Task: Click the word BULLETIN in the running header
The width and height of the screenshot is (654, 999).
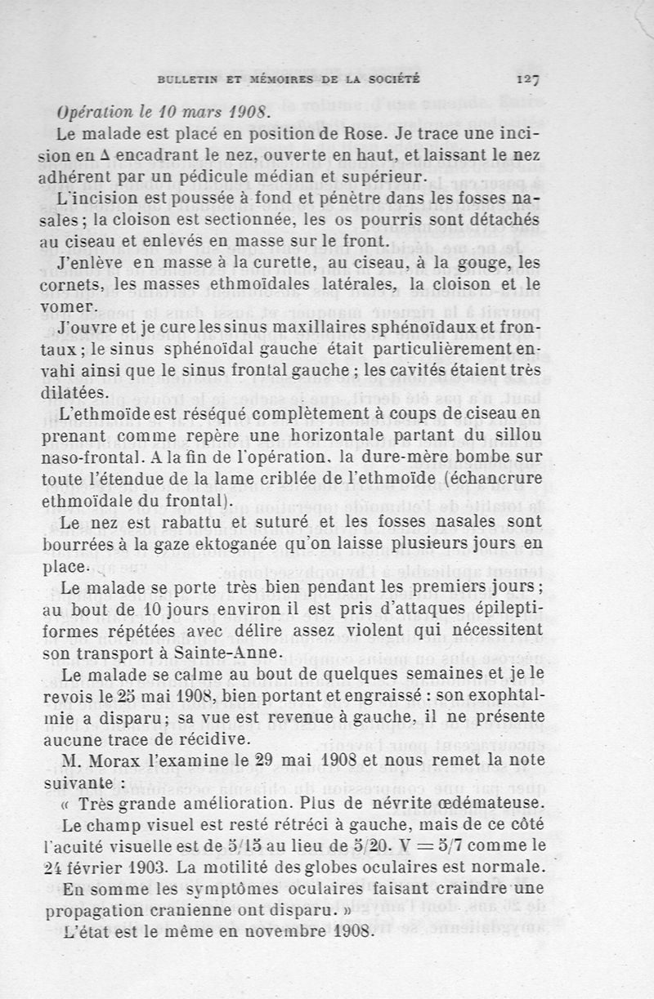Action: point(189,79)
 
